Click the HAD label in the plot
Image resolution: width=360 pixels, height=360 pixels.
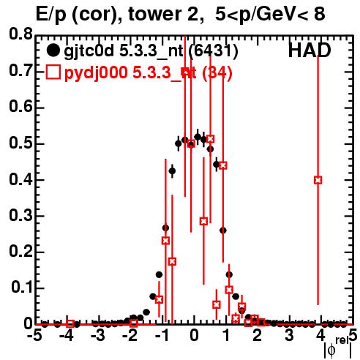coord(310,50)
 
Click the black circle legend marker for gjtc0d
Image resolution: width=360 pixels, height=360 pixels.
coord(53,50)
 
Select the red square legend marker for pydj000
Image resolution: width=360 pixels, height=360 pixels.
coord(53,72)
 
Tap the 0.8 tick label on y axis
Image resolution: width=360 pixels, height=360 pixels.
coord(20,34)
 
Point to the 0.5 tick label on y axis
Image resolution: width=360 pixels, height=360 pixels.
coord(20,143)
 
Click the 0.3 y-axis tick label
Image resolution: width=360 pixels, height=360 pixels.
coord(20,216)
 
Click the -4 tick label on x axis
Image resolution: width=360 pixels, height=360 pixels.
coord(67,336)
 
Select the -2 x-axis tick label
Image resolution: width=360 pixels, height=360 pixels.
coord(130,336)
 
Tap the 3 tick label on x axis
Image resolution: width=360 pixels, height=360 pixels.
coord(289,336)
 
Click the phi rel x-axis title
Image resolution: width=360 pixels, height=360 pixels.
coord(338,348)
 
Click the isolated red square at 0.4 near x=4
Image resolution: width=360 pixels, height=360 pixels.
coord(318,180)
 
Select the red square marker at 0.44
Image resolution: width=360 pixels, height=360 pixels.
coord(223,165)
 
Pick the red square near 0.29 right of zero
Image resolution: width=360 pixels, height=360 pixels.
coord(204,221)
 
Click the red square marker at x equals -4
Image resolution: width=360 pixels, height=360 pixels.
coord(70,323)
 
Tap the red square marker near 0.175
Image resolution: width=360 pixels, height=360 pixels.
coord(172,262)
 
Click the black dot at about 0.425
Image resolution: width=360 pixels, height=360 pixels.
coord(172,171)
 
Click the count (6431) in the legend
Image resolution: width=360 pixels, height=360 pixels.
coord(214,50)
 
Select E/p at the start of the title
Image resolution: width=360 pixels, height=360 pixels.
coord(51,15)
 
